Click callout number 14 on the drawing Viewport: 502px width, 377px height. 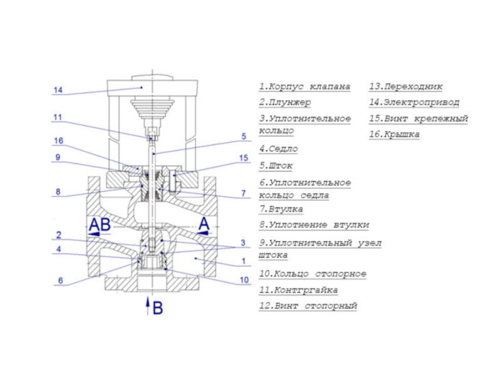(58, 90)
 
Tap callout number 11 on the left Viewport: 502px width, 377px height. (58, 117)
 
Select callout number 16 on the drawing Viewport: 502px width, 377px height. (58, 141)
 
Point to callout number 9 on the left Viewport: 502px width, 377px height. (58, 158)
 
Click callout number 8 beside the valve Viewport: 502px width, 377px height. (58, 192)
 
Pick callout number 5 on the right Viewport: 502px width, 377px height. (243, 136)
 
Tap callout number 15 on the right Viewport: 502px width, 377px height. (243, 158)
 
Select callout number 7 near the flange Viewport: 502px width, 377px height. (243, 193)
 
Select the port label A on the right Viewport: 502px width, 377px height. (204, 225)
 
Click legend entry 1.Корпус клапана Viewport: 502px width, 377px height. (305, 86)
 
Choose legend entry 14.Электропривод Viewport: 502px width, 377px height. (412, 103)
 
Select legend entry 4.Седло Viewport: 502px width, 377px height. (279, 149)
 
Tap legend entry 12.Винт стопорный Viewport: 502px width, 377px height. (308, 306)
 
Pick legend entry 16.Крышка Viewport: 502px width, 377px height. (394, 134)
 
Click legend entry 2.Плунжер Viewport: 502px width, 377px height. (285, 103)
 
